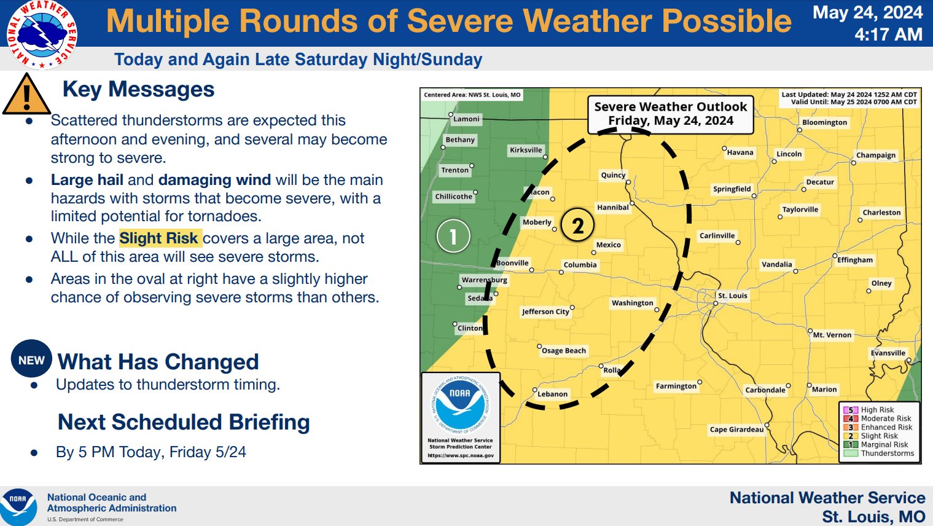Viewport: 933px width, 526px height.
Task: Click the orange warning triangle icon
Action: pyautogui.click(x=26, y=95)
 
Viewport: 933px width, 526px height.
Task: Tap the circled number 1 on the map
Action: pyautogui.click(x=453, y=236)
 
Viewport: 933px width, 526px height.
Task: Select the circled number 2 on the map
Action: pyautogui.click(x=577, y=225)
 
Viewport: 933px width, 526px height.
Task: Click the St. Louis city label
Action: pyautogui.click(x=733, y=296)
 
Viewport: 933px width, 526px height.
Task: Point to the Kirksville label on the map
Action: pyautogui.click(x=526, y=150)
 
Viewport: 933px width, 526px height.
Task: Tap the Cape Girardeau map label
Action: pyautogui.click(x=737, y=430)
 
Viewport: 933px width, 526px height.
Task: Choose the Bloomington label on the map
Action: pyautogui.click(x=825, y=122)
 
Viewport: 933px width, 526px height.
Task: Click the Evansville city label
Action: pyautogui.click(x=888, y=353)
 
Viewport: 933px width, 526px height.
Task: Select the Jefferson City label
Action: pyautogui.click(x=545, y=312)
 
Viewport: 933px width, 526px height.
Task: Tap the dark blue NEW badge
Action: pyautogui.click(x=32, y=359)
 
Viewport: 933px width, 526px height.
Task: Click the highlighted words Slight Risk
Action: pyautogui.click(x=158, y=238)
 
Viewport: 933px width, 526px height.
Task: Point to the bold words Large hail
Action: pyautogui.click(x=87, y=179)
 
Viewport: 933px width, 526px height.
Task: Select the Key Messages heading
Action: pyautogui.click(x=138, y=88)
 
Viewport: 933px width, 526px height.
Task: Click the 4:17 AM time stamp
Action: pyautogui.click(x=888, y=34)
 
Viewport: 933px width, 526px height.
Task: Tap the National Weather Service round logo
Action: pyautogui.click(x=42, y=34)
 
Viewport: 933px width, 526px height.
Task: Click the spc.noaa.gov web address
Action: pyautogui.click(x=461, y=455)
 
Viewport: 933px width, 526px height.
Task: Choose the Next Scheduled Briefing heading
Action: pyautogui.click(x=184, y=422)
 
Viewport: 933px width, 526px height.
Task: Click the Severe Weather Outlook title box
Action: pyautogui.click(x=671, y=114)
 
